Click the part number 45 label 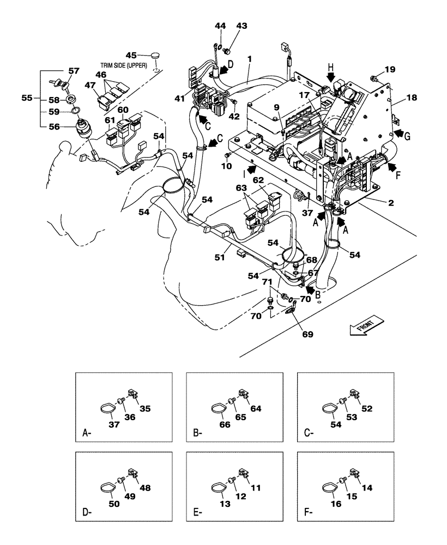[x=131, y=55]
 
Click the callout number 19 [x=390, y=69]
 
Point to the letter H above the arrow [x=330, y=65]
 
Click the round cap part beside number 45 [x=156, y=56]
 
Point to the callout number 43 [x=241, y=26]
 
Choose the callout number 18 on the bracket [x=411, y=98]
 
